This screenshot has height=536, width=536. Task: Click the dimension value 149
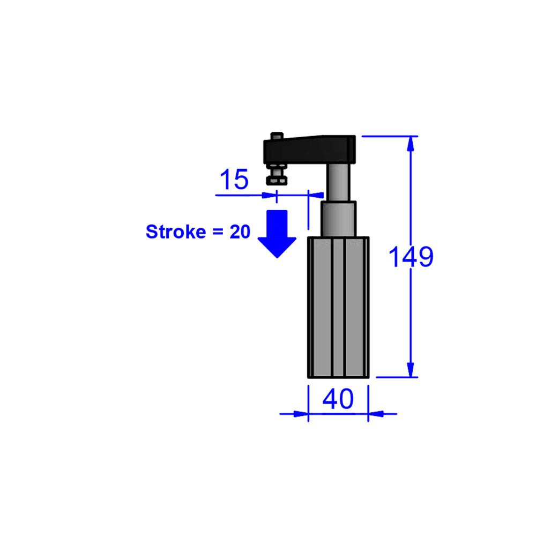[x=410, y=257]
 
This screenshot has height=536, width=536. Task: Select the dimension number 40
[x=338, y=399]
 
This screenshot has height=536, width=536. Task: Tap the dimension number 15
[x=234, y=180]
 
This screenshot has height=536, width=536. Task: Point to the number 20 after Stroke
[x=240, y=232]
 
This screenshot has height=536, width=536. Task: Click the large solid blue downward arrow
[x=277, y=234]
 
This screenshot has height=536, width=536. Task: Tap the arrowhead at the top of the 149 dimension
[x=411, y=144]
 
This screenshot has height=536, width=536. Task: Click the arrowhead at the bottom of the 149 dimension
[x=411, y=370]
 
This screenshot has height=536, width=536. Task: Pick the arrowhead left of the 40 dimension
[x=300, y=413]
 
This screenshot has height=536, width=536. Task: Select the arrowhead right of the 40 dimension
[x=376, y=413]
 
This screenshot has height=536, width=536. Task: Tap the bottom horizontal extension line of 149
[x=397, y=377]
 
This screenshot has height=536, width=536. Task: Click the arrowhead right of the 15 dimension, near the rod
[x=317, y=195]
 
